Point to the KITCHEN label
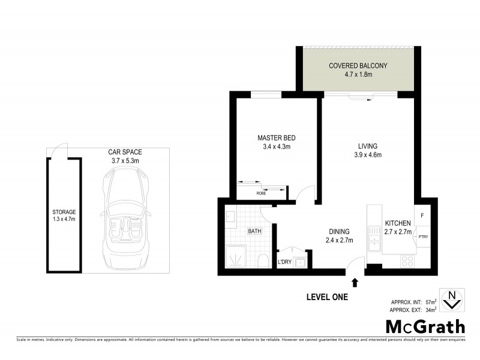tap(398, 223)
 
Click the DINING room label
tap(339, 232)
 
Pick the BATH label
tap(254, 231)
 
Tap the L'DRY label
tap(284, 262)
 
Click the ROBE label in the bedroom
tap(261, 193)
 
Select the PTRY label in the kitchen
tap(422, 236)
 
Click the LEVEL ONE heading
tap(326, 296)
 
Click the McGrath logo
tap(424, 327)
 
